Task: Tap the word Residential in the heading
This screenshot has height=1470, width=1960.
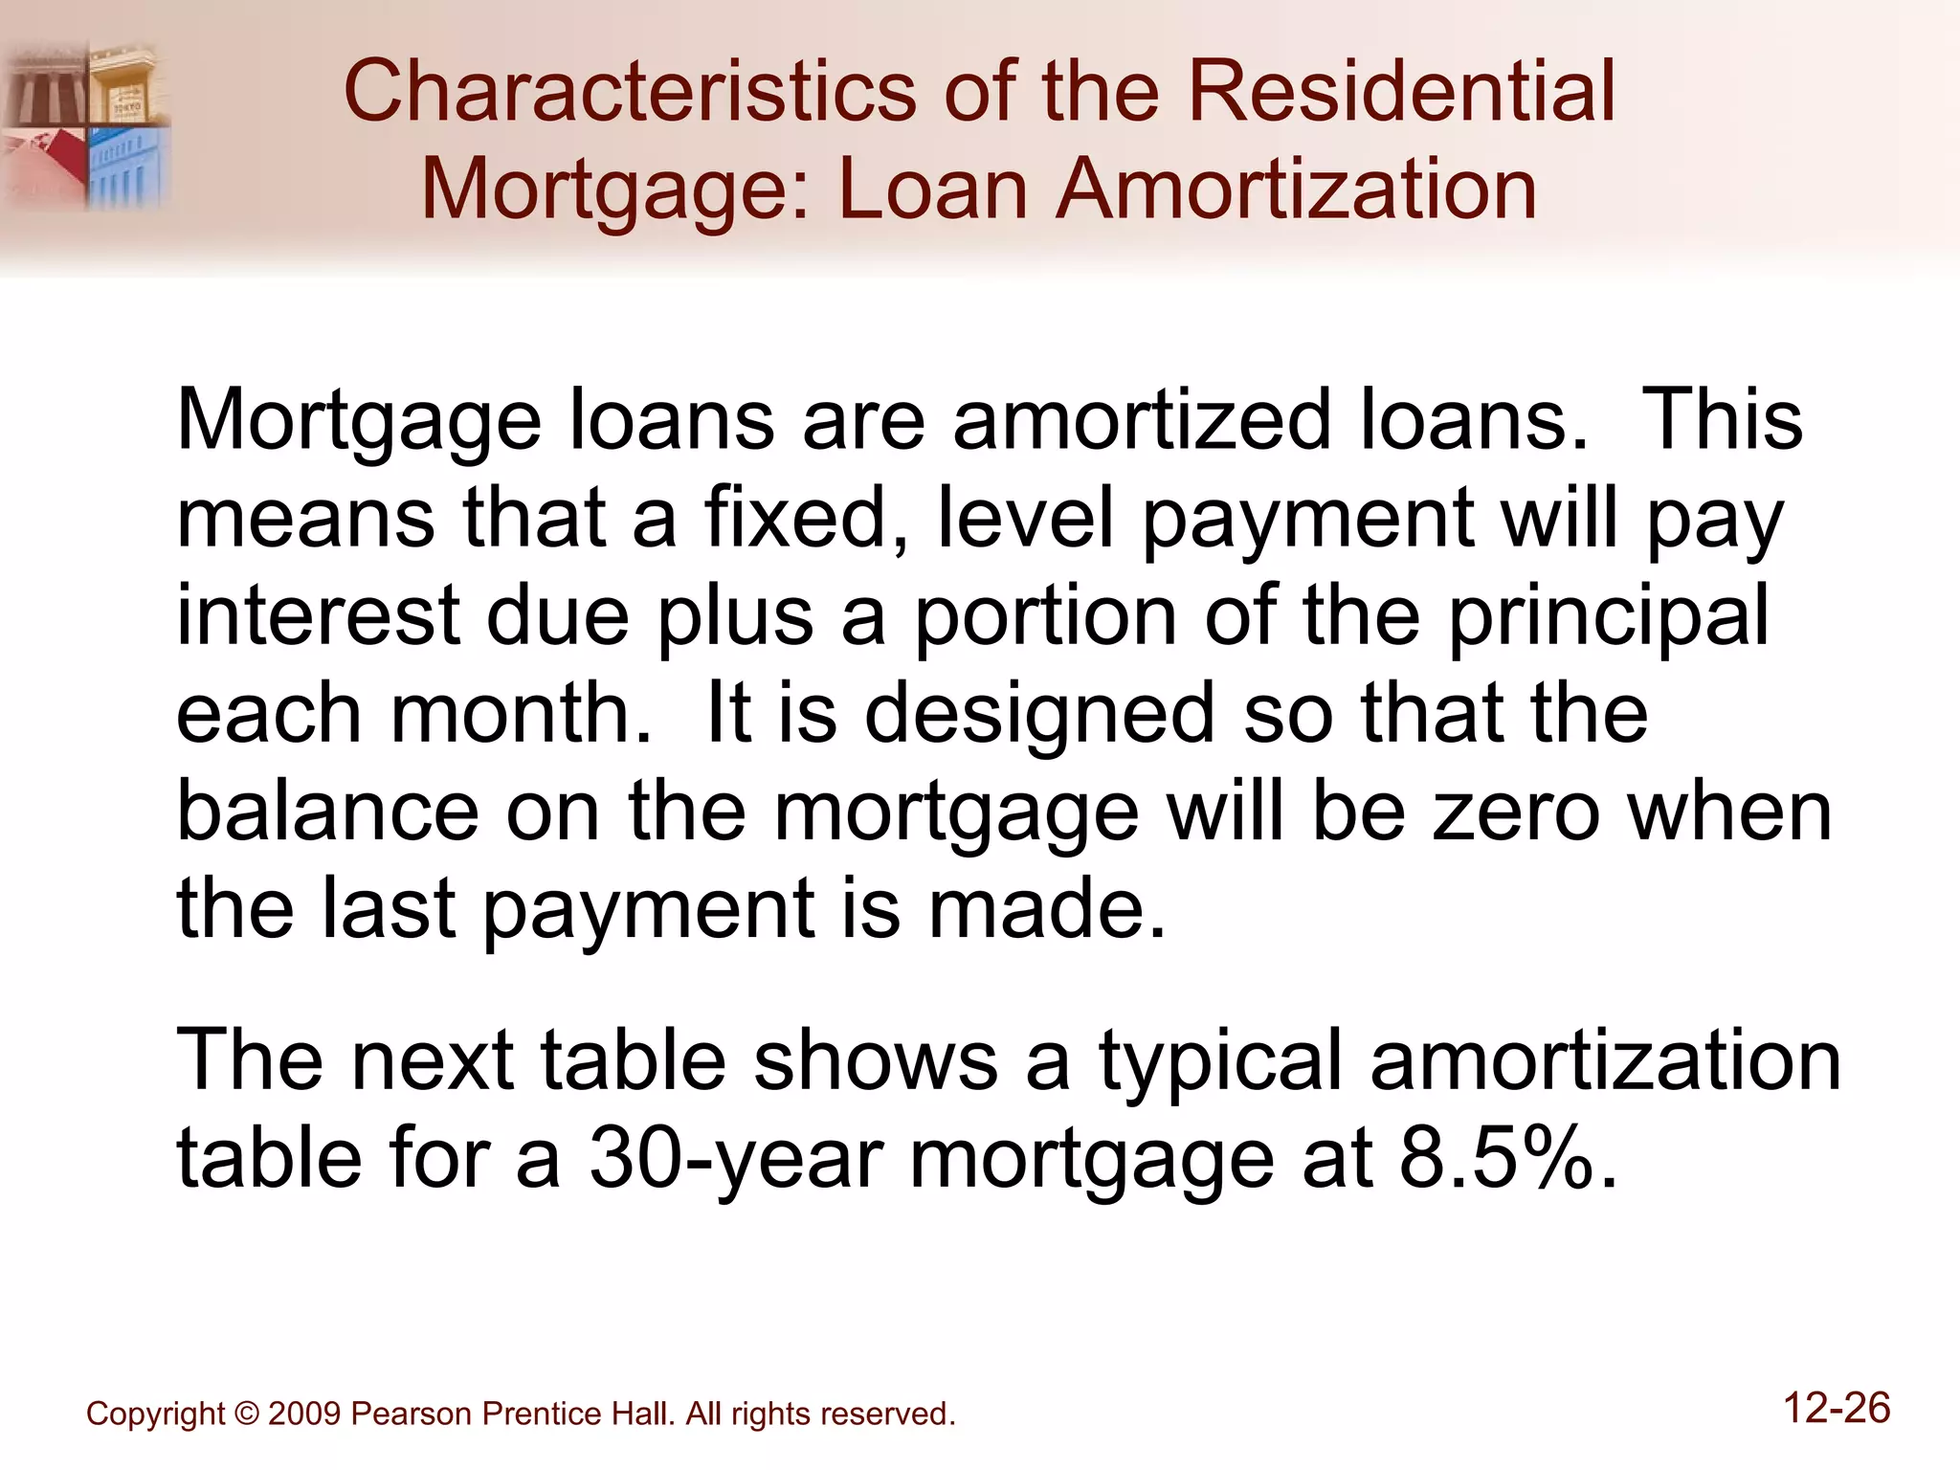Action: point(1401,92)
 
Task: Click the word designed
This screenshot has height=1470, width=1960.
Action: point(1039,716)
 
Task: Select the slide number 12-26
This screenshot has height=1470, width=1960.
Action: point(1837,1408)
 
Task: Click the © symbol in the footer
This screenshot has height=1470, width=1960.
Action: point(246,1414)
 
